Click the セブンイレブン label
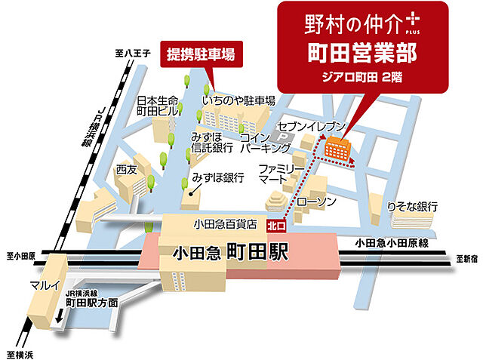click(x=311, y=125)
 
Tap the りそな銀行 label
click(x=412, y=206)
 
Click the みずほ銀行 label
click(x=218, y=178)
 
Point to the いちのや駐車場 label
click(x=238, y=100)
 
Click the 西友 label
click(x=126, y=171)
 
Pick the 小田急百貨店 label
click(x=226, y=225)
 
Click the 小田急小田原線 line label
click(x=392, y=243)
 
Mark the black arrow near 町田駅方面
click(x=60, y=318)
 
